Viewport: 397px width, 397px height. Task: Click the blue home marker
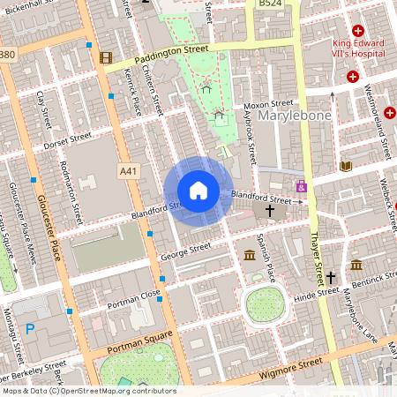click(x=198, y=191)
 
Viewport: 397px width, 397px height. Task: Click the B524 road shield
click(x=270, y=5)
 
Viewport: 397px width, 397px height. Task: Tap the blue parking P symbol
click(x=30, y=330)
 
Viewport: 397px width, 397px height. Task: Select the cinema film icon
click(x=107, y=58)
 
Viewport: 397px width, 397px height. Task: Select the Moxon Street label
click(x=269, y=104)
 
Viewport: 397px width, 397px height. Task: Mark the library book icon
click(x=345, y=166)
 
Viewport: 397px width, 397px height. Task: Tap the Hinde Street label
click(x=316, y=291)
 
